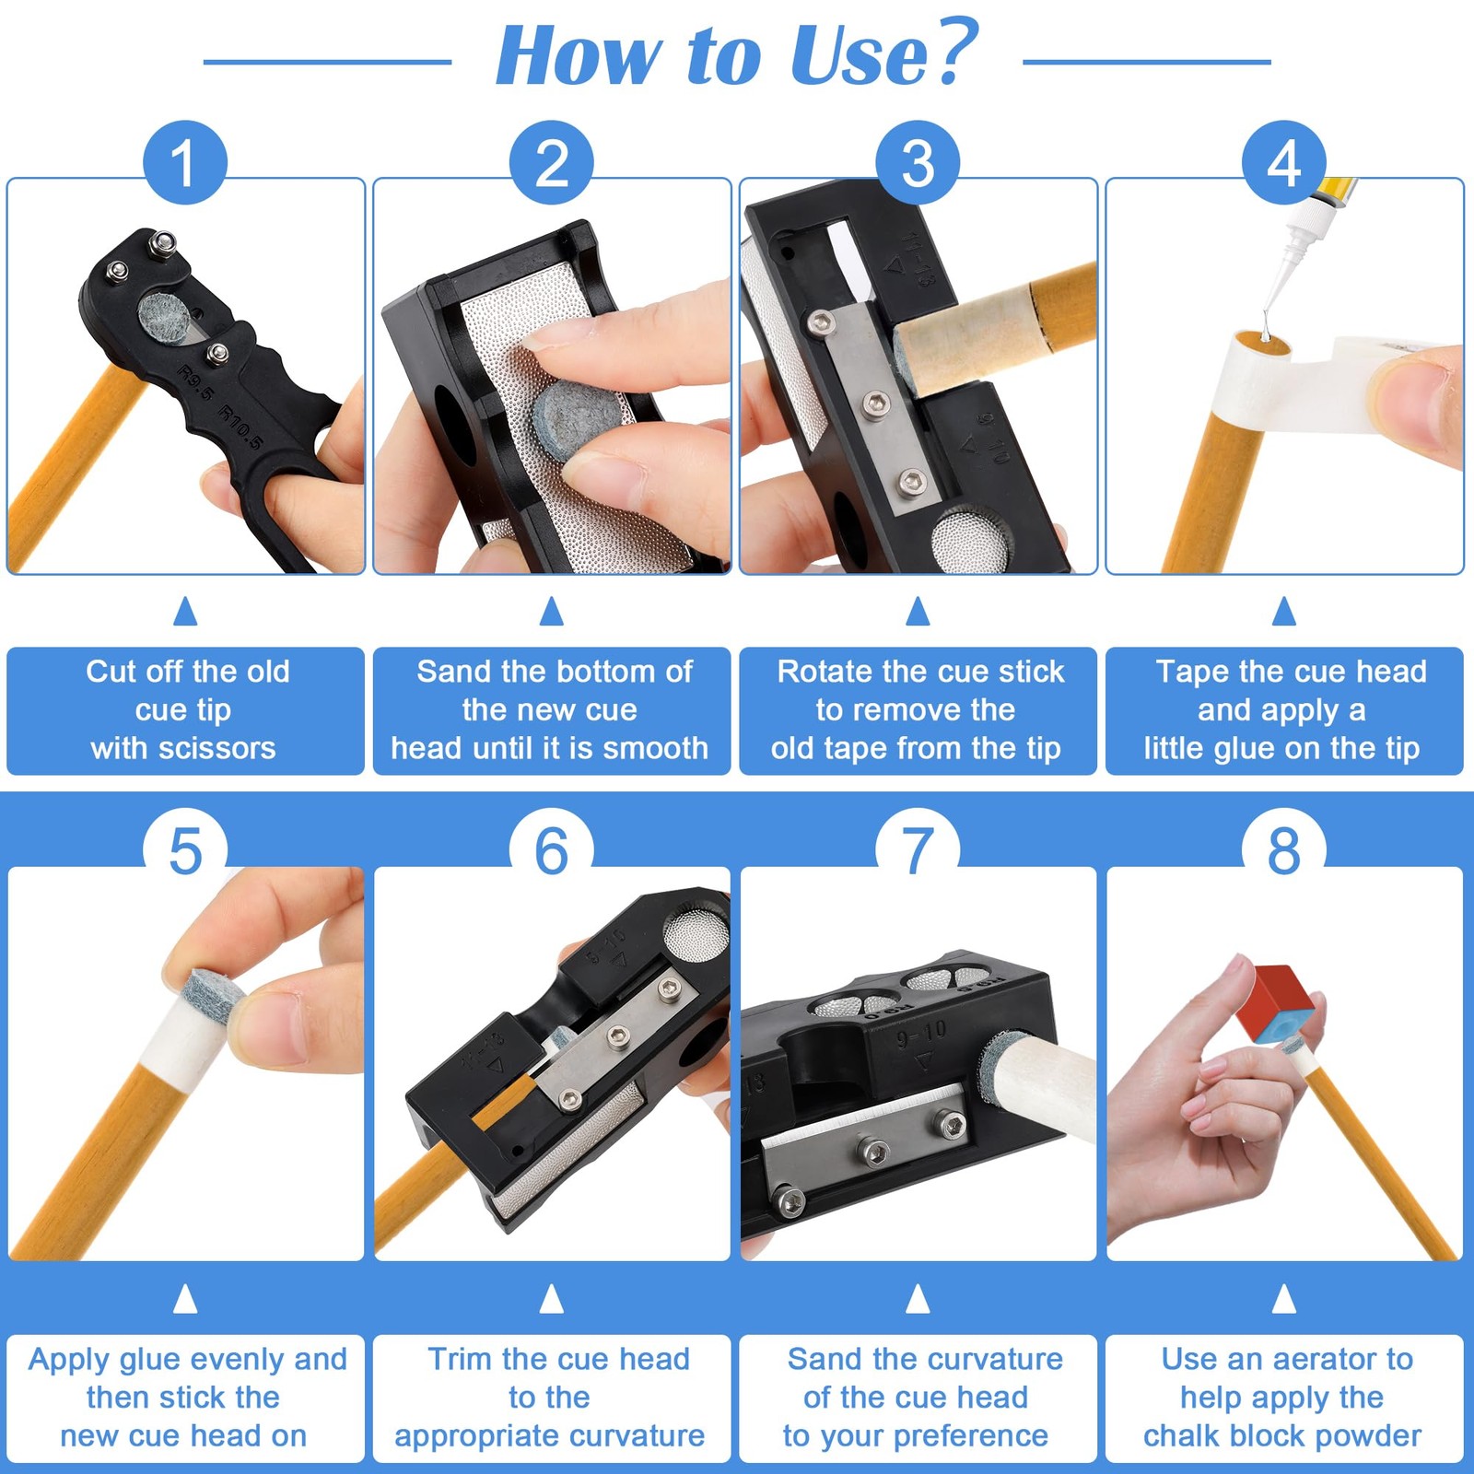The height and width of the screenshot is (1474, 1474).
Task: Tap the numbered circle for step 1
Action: (x=185, y=163)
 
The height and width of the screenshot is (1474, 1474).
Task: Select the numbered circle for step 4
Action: (x=1284, y=163)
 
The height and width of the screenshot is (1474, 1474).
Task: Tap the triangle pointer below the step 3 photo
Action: (x=918, y=612)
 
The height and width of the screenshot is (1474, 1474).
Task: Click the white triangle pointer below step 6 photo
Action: (x=552, y=1299)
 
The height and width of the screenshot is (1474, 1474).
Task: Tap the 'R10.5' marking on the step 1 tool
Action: (x=240, y=428)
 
